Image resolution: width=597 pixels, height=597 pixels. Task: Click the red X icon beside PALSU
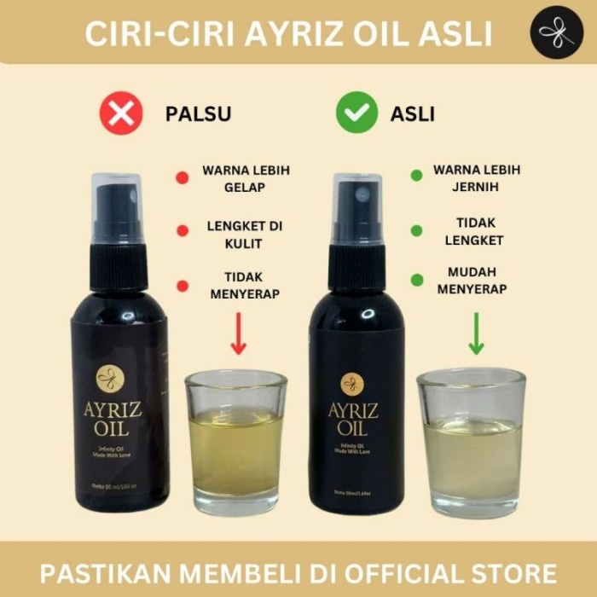pos(120,113)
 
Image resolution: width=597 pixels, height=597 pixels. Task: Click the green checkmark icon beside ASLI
pos(356,113)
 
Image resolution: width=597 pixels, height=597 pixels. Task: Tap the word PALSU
pos(198,114)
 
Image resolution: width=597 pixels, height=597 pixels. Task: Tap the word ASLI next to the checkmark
pos(413,114)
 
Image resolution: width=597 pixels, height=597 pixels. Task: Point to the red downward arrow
pos(239,334)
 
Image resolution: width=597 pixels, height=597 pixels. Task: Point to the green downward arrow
pos(476,334)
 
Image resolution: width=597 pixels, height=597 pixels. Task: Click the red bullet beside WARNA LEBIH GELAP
pos(182,178)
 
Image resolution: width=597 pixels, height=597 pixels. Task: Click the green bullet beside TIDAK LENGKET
pos(416,230)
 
